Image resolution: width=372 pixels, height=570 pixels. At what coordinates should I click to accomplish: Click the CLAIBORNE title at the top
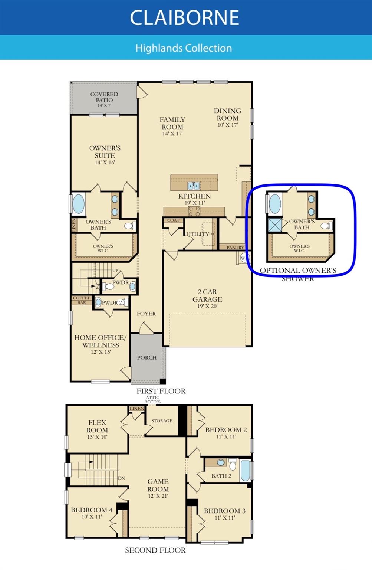(x=184, y=17)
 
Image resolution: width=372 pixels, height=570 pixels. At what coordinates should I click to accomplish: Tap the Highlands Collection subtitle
(x=184, y=48)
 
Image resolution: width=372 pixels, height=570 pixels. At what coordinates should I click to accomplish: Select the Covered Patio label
(x=104, y=97)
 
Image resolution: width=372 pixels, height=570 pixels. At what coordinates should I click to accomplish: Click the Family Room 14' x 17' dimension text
(x=172, y=134)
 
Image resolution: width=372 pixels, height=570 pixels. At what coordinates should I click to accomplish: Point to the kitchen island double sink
(x=193, y=186)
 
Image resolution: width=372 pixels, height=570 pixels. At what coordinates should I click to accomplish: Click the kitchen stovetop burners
(x=194, y=211)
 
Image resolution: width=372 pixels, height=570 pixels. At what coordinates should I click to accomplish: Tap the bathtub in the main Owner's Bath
(x=79, y=203)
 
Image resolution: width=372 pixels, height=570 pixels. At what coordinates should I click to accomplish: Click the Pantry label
(x=235, y=247)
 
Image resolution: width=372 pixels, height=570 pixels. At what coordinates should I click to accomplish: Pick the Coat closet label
(x=173, y=220)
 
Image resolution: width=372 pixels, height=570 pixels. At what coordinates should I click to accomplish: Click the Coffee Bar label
(x=82, y=300)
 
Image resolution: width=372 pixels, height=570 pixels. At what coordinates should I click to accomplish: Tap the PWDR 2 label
(x=112, y=302)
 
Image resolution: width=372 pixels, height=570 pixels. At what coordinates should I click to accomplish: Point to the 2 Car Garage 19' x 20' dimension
(x=207, y=306)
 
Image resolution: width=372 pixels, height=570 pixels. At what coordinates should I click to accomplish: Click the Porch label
(x=147, y=357)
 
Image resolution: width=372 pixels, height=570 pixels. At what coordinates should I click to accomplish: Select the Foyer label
(x=146, y=314)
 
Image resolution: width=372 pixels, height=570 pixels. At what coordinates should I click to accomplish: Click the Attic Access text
(x=152, y=400)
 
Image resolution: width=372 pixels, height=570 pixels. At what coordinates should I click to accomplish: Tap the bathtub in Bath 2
(x=245, y=470)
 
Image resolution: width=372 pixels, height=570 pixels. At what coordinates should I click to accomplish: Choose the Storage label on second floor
(x=162, y=421)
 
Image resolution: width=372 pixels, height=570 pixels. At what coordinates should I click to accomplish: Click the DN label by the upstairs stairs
(x=121, y=478)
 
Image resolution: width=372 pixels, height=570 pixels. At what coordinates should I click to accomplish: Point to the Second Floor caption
(x=155, y=550)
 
